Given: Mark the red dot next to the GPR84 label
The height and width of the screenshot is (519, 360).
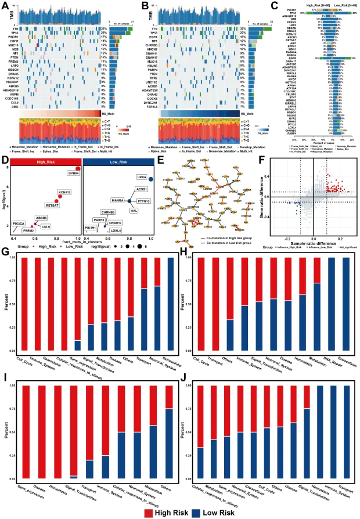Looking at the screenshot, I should pyautogui.click(x=77, y=168).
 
